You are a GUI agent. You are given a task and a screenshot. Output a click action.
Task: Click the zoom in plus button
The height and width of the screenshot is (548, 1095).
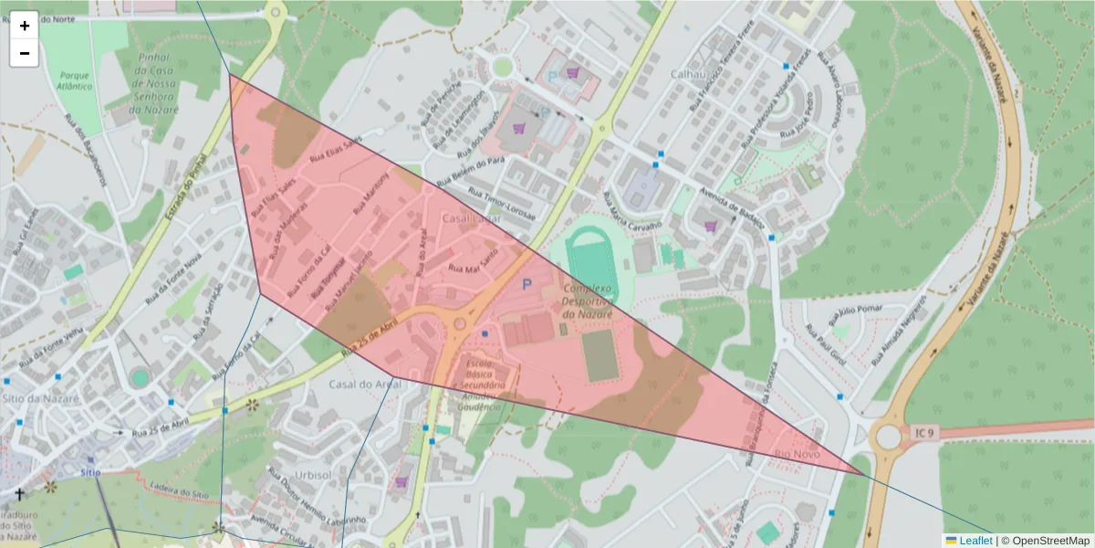click(25, 26)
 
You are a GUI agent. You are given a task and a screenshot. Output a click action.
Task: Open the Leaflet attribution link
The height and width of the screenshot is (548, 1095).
click(975, 540)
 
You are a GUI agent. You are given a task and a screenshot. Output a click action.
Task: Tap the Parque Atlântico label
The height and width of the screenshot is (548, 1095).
click(75, 80)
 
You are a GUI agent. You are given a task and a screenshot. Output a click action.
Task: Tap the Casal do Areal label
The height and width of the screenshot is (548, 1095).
click(365, 385)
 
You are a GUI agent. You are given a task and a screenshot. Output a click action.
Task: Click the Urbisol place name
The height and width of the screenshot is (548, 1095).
click(313, 476)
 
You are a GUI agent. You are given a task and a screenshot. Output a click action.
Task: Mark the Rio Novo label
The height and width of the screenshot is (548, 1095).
click(797, 454)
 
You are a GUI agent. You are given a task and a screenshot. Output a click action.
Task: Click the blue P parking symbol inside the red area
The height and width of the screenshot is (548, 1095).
click(526, 285)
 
